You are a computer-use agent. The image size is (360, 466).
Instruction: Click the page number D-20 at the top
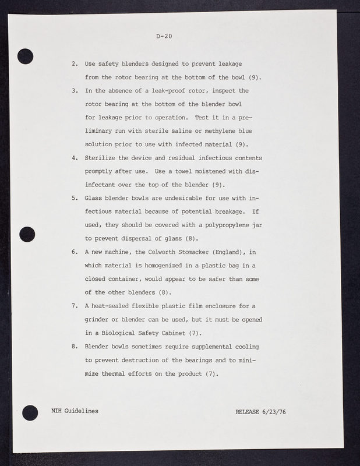coord(164,37)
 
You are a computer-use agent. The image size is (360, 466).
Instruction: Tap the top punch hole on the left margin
coord(26,56)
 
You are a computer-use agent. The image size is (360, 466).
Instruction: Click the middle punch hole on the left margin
coord(27,234)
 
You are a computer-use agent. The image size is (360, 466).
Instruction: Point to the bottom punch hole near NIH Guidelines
coord(29,412)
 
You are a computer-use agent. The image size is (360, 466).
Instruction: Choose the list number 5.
coord(75,198)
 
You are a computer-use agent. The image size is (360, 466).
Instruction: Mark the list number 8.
coord(75,347)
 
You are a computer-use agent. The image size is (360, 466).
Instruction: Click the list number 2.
coord(75,63)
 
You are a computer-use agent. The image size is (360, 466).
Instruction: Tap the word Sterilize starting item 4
coord(103,158)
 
